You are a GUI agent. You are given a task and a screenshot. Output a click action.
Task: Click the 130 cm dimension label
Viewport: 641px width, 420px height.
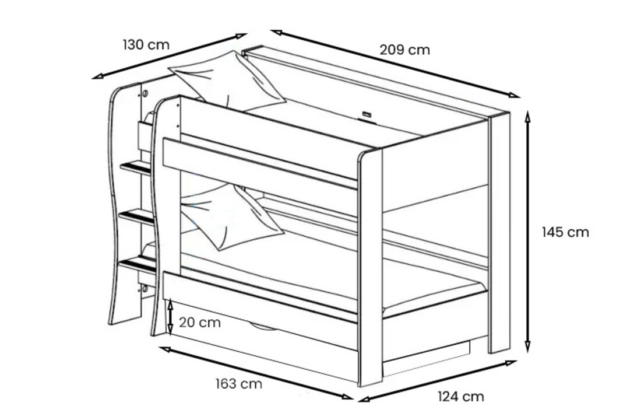coord(146,44)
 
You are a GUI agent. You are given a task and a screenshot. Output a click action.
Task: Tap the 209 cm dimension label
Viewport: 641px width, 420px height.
coord(405,50)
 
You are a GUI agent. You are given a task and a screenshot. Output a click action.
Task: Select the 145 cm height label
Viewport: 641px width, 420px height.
coord(565,232)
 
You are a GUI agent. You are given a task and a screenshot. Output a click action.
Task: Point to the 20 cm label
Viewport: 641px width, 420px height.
coord(200,322)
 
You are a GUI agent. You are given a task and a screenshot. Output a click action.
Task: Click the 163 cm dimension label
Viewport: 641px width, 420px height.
coord(238,384)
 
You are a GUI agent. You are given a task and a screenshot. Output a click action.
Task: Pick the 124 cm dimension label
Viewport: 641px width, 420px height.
coord(460,397)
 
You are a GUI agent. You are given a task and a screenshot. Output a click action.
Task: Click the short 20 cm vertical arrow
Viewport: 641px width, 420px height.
coord(170,318)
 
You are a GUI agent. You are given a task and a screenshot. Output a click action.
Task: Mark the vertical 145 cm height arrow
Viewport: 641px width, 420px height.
coord(528,232)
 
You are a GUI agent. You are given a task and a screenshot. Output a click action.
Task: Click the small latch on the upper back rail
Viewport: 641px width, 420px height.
coord(367,115)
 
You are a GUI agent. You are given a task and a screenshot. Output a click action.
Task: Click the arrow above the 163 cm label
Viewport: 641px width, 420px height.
coord(256,373)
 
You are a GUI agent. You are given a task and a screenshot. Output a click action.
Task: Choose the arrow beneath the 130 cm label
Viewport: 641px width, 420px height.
coord(169,55)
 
